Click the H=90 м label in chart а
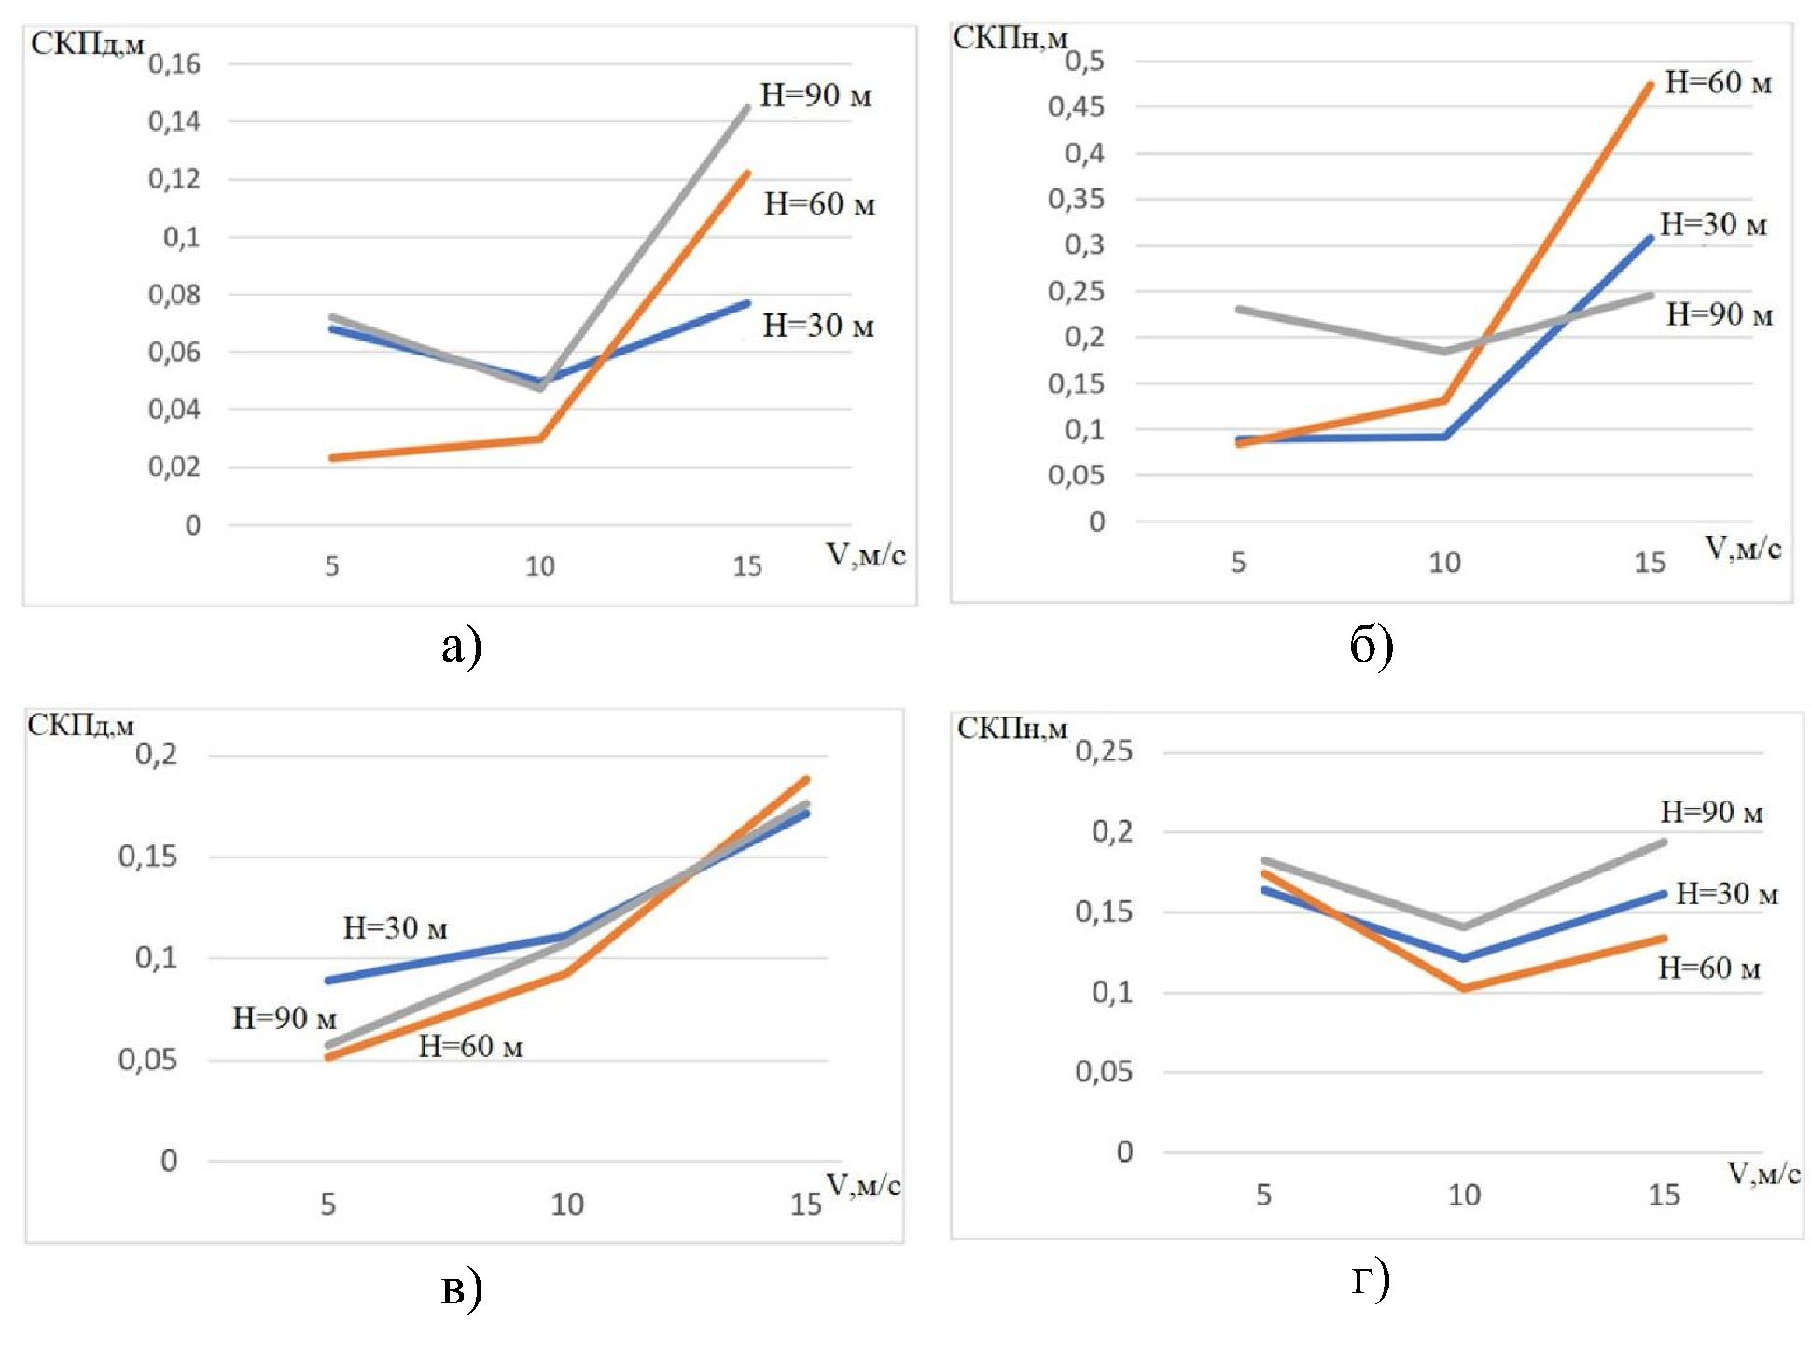(815, 95)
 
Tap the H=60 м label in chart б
(1718, 83)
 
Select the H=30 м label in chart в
(396, 927)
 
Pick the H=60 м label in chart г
(1708, 968)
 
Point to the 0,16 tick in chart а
(174, 64)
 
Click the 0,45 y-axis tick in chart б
(1075, 106)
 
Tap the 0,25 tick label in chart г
(1104, 751)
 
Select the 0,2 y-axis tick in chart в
(156, 755)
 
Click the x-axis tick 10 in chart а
(540, 566)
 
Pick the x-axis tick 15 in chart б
(1650, 562)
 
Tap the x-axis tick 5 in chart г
(1263, 1194)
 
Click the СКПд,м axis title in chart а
(87, 44)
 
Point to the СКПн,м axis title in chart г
(1011, 729)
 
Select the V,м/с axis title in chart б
(1743, 549)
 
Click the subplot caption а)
(461, 647)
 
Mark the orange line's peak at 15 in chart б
(1650, 86)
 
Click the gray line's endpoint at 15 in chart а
(747, 107)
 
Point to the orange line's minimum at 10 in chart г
(1464, 987)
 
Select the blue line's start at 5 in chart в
(328, 981)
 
